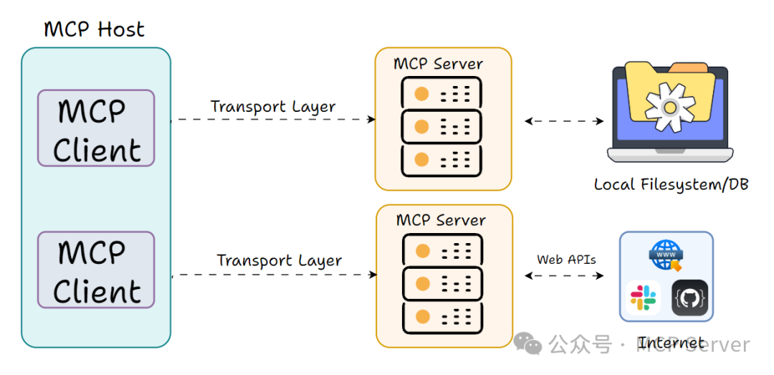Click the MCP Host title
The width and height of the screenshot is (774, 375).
pyautogui.click(x=95, y=29)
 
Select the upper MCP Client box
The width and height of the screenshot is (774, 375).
pyautogui.click(x=96, y=128)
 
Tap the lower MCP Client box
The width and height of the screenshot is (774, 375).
pyautogui.click(x=96, y=270)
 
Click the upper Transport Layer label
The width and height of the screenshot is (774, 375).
pyautogui.click(x=273, y=107)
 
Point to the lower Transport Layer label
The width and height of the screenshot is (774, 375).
pyautogui.click(x=279, y=260)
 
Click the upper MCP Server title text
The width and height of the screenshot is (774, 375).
pyautogui.click(x=439, y=64)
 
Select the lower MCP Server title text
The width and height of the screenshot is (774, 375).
pyautogui.click(x=441, y=220)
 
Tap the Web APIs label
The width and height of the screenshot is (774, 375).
pyautogui.click(x=566, y=259)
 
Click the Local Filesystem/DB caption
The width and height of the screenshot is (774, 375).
pyautogui.click(x=672, y=185)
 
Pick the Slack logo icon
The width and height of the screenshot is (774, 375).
pyautogui.click(x=643, y=298)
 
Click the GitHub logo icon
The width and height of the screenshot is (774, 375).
pyautogui.click(x=689, y=298)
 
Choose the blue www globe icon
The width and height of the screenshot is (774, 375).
pyautogui.click(x=666, y=255)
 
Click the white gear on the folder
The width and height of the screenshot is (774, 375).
pyautogui.click(x=669, y=108)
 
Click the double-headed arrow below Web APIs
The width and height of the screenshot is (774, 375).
pyautogui.click(x=564, y=275)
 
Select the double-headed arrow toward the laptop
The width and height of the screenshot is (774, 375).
pyautogui.click(x=564, y=121)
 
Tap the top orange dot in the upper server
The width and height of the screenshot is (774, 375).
pyautogui.click(x=421, y=94)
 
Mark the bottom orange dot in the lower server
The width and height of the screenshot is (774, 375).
pyautogui.click(x=423, y=316)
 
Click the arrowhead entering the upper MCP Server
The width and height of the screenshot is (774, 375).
pyautogui.click(x=371, y=120)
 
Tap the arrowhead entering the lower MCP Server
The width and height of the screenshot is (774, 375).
pyautogui.click(x=373, y=275)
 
